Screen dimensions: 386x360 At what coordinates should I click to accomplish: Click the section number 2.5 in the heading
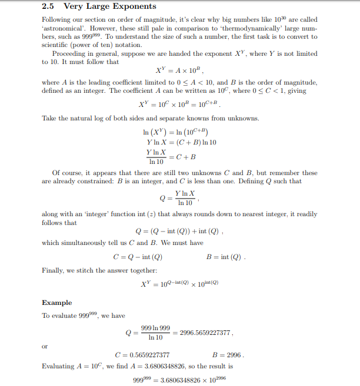click(48, 7)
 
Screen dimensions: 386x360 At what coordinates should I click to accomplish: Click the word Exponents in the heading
click(135, 7)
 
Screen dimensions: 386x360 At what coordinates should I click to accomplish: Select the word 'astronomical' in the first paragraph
click(61, 28)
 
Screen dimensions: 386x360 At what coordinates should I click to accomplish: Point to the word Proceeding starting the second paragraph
click(70, 53)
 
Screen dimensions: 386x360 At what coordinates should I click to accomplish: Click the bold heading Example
click(57, 303)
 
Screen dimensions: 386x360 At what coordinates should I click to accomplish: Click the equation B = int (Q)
click(226, 257)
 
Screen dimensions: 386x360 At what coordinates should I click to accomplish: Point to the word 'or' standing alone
click(45, 345)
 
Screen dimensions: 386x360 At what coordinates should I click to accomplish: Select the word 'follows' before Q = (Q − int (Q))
click(51, 223)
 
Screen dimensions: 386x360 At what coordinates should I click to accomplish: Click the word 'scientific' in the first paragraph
click(56, 45)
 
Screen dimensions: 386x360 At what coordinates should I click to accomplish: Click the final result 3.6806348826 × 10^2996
click(191, 378)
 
